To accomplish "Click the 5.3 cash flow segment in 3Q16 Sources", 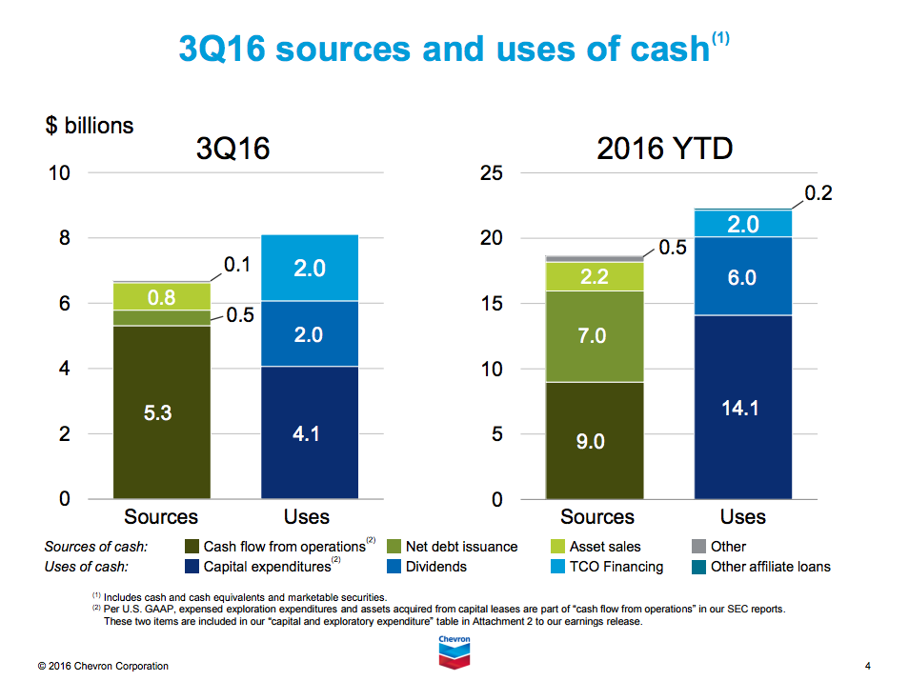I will click(161, 412).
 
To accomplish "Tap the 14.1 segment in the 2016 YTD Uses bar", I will click(743, 407).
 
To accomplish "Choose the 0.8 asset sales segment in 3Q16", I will click(161, 296).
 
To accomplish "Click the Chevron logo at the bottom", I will click(454, 651).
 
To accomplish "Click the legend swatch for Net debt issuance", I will click(394, 547).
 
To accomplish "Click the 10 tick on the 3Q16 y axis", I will click(58, 172).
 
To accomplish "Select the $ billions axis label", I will click(89, 126).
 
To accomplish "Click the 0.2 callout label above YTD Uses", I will click(818, 193).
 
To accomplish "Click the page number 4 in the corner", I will click(867, 665).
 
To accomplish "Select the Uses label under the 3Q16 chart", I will click(307, 516).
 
